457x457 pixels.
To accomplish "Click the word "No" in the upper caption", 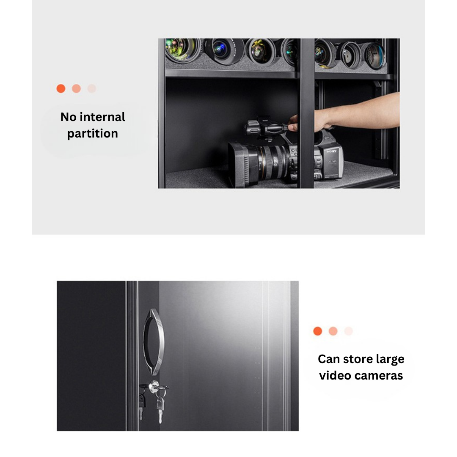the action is click(x=68, y=117).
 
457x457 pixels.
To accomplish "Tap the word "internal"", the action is click(x=102, y=117).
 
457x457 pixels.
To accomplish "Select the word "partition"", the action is click(x=93, y=134).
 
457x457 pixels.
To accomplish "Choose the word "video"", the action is click(x=334, y=375).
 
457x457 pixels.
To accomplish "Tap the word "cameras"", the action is click(x=378, y=376).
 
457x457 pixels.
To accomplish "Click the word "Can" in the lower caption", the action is click(x=329, y=359).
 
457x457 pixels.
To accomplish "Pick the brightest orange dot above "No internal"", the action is click(x=61, y=88).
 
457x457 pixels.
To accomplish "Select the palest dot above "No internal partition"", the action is click(x=92, y=88).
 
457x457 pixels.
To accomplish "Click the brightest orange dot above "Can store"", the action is click(x=318, y=331).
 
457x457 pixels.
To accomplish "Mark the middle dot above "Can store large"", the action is click(x=333, y=331).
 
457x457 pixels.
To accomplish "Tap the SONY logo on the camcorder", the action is click(x=331, y=151).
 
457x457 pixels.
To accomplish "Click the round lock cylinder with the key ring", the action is click(x=154, y=387).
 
